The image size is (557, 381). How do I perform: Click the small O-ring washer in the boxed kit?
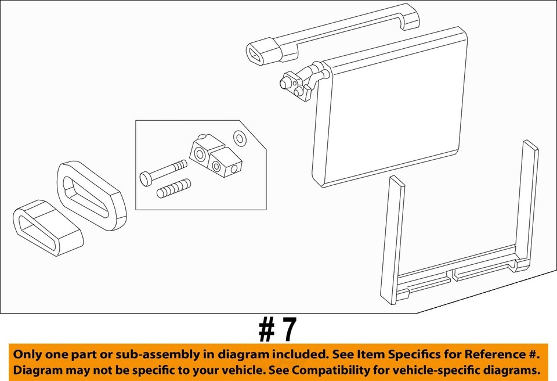point(238,138)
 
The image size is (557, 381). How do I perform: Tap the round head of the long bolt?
point(146,178)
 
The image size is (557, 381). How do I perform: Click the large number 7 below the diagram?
point(287,330)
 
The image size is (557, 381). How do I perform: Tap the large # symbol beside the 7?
point(266,330)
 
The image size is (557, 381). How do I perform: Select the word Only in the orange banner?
point(28,354)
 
